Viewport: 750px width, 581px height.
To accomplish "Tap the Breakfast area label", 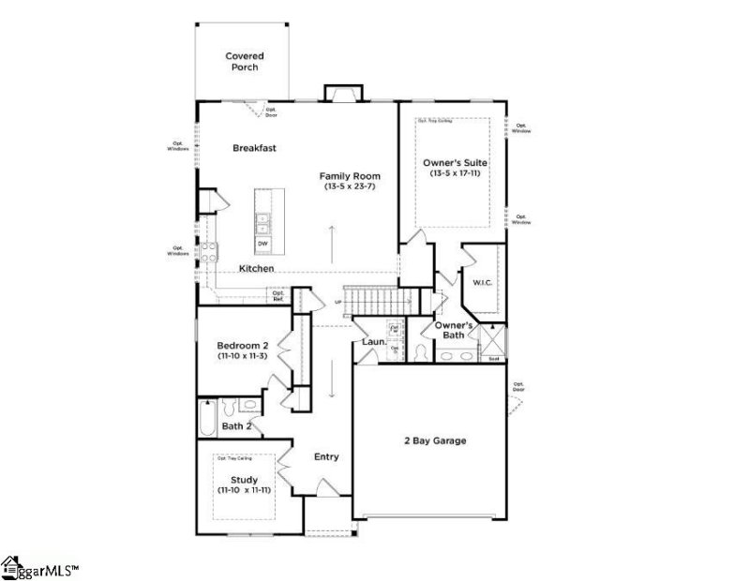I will tap(254, 148).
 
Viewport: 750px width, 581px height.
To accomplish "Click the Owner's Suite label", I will tap(455, 162).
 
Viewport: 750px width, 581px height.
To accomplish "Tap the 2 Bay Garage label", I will tap(435, 440).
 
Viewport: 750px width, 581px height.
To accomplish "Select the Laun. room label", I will tap(373, 343).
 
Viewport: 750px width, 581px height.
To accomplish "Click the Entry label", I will tap(326, 457).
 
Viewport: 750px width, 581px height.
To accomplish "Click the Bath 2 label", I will tap(236, 427).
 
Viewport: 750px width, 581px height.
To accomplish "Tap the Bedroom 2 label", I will tap(243, 346).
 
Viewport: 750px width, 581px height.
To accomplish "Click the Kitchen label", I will tap(256, 269).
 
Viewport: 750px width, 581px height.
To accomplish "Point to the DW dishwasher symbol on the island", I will tap(263, 244).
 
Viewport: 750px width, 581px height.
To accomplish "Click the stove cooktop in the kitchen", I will tap(209, 251).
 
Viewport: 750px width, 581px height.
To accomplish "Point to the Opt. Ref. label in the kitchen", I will tap(278, 295).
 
